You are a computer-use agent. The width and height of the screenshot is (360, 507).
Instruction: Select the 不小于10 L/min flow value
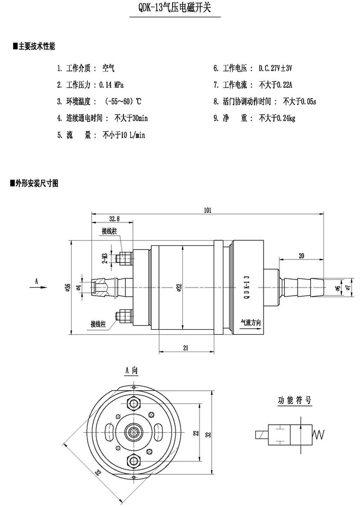(x=124, y=135)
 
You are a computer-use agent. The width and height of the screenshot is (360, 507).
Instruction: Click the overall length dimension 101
(x=207, y=209)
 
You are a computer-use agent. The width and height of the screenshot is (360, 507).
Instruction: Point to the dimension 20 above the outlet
(x=302, y=256)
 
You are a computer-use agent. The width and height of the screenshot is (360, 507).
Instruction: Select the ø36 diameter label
(x=68, y=288)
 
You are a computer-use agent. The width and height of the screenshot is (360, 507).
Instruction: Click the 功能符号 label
(x=294, y=400)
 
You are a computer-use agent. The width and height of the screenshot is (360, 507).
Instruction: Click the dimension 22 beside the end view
(x=195, y=433)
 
